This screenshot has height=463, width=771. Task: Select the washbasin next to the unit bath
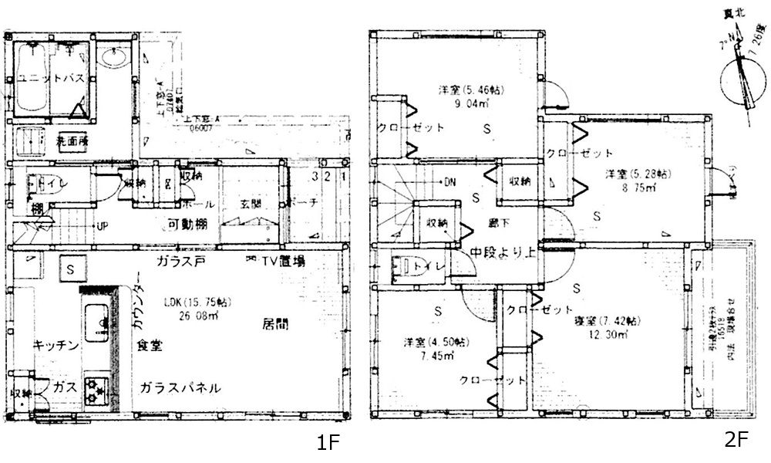[114, 58]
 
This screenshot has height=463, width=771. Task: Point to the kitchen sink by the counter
[96, 323]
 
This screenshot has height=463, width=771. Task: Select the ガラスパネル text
[181, 387]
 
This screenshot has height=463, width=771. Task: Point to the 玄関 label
[251, 204]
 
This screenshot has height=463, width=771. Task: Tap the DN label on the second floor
[449, 182]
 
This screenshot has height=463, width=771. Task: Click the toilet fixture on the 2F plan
[402, 267]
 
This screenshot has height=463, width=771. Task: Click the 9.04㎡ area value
[472, 103]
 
